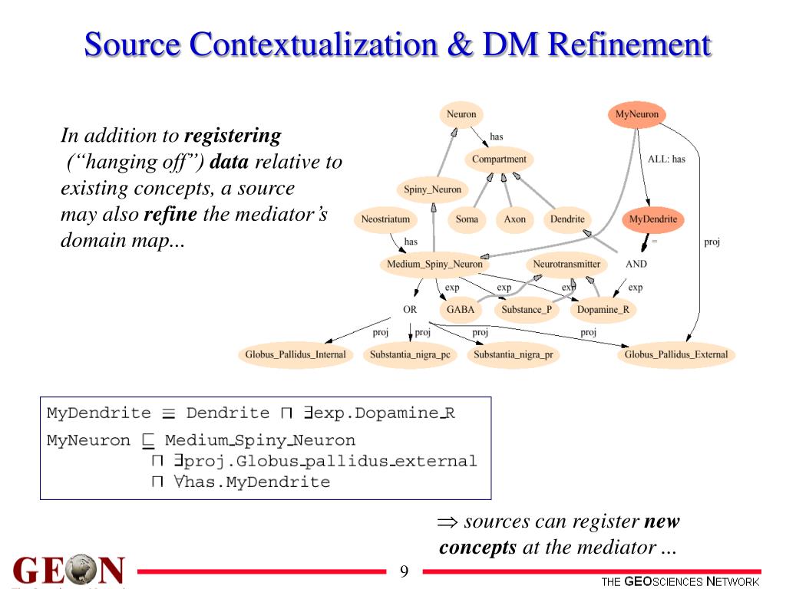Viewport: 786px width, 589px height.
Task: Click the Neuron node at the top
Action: pyautogui.click(x=461, y=114)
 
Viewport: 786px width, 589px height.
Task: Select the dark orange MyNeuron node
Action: pyautogui.click(x=637, y=114)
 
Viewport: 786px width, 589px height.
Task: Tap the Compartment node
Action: pyautogui.click(x=499, y=160)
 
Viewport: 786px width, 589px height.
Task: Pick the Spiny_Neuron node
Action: pyautogui.click(x=433, y=189)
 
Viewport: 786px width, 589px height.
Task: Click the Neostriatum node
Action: pyautogui.click(x=386, y=219)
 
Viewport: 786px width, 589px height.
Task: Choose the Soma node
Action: pyautogui.click(x=467, y=219)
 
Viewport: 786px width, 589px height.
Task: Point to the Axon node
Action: pyautogui.click(x=515, y=219)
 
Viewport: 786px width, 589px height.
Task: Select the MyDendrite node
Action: pyautogui.click(x=653, y=219)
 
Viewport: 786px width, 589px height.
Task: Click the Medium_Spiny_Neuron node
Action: pyautogui.click(x=434, y=265)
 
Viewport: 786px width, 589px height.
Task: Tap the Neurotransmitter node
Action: pyautogui.click(x=566, y=265)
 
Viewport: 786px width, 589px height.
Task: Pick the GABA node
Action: pyautogui.click(x=461, y=310)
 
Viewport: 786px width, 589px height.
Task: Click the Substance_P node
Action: pyautogui.click(x=526, y=310)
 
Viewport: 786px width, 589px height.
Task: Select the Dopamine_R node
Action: pyautogui.click(x=603, y=310)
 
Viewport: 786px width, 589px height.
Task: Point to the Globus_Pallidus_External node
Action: pyautogui.click(x=675, y=354)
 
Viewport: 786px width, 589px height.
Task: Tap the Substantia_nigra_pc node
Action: pyautogui.click(x=410, y=355)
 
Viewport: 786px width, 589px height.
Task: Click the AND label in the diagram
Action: pyautogui.click(x=636, y=264)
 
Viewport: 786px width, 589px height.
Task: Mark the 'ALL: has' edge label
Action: pyautogui.click(x=666, y=160)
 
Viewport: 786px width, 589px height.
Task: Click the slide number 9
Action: pyautogui.click(x=405, y=572)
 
